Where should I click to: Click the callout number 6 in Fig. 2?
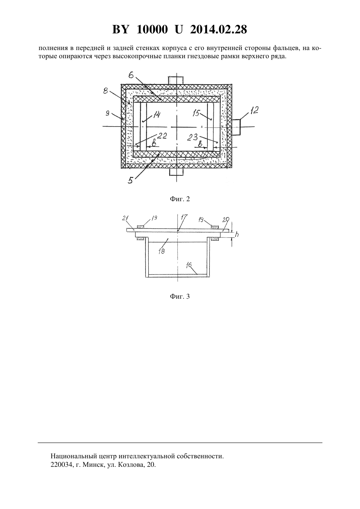point(131,75)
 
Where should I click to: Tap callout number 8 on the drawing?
point(105,91)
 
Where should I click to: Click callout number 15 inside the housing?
point(197,113)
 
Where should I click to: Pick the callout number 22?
point(162,136)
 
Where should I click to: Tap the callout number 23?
point(193,137)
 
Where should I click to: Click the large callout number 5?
point(131,180)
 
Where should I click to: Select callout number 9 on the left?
point(107,113)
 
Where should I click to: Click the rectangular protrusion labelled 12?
point(236,127)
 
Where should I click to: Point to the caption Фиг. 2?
point(180,199)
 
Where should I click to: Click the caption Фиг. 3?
point(180,297)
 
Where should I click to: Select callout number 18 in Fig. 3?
point(162,251)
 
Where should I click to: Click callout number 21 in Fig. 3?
point(125,218)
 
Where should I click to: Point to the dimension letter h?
point(237,234)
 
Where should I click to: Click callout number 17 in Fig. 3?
point(184,217)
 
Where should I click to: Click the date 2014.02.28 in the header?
point(218,29)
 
